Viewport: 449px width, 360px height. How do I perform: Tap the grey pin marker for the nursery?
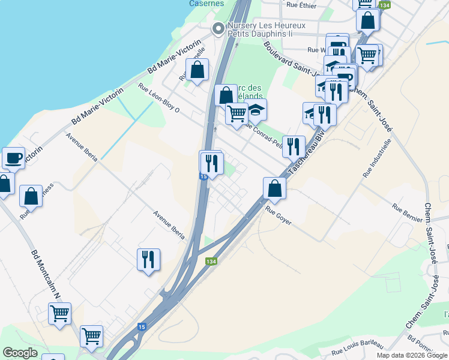click(217, 28)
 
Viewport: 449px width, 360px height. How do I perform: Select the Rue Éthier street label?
click(301, 5)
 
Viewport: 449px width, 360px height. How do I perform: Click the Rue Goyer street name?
click(279, 215)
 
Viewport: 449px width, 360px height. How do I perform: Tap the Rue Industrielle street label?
click(376, 158)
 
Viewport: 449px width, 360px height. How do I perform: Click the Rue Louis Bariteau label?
click(357, 346)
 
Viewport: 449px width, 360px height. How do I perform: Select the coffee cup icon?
click(13, 158)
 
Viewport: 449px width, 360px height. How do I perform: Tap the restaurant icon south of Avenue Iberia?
click(148, 259)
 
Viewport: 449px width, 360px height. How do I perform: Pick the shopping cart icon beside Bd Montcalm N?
click(59, 313)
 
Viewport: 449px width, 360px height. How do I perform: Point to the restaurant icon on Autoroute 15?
click(212, 163)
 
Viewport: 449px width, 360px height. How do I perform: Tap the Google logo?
click(20, 353)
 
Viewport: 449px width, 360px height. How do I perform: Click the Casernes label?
click(206, 3)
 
